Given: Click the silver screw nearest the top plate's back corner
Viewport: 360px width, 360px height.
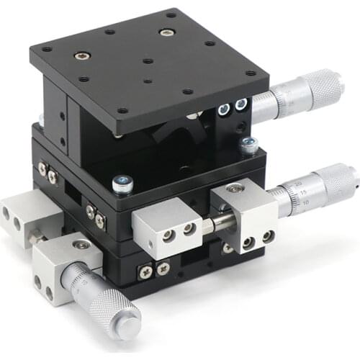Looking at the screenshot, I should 167,32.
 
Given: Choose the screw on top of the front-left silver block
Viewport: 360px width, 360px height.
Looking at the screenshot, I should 81,245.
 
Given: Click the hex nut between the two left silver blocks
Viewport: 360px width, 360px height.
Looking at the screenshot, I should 35,237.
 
